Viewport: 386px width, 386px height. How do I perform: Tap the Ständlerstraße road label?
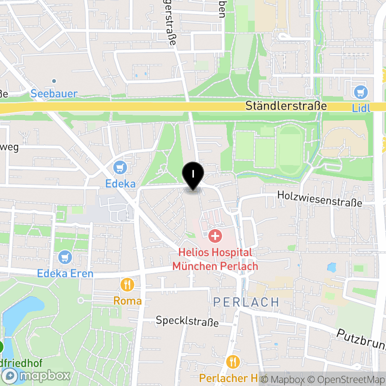(286, 106)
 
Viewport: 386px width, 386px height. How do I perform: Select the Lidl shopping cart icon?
(360, 92)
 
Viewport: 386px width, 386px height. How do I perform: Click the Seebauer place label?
(54, 94)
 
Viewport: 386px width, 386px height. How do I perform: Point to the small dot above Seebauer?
(54, 81)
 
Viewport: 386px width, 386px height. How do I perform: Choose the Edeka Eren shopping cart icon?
(65, 258)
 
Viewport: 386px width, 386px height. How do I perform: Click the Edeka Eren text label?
(65, 274)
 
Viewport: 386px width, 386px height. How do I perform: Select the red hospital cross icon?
(215, 236)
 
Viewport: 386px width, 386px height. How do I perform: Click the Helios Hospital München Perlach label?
(215, 259)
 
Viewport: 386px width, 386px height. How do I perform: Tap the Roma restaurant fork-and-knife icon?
(127, 285)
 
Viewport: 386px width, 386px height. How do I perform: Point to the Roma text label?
(127, 301)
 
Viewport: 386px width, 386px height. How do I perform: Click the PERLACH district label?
(246, 303)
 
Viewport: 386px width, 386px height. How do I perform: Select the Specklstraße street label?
(187, 321)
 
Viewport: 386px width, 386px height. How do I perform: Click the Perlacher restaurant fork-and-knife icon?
(233, 361)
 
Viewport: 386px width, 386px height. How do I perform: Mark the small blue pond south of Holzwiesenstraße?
(331, 267)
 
